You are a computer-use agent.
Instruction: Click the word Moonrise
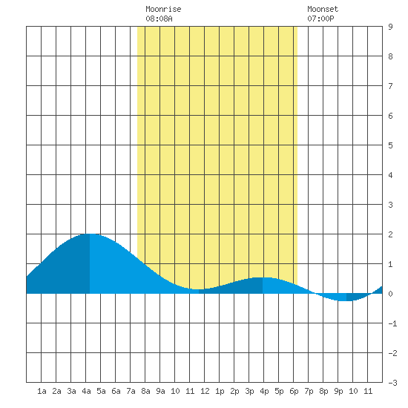click(x=163, y=9)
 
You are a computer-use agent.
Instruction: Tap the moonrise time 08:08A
click(x=159, y=19)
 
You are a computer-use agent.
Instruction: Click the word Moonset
click(x=323, y=9)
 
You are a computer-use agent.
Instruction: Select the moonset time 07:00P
click(x=320, y=19)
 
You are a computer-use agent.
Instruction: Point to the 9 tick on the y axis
click(x=390, y=27)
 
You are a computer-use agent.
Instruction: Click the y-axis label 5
click(x=390, y=145)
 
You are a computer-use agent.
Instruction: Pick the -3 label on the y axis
click(x=392, y=383)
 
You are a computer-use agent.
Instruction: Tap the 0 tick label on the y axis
click(x=390, y=294)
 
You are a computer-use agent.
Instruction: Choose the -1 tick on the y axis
click(x=392, y=323)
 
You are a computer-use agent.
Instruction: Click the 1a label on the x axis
click(x=42, y=391)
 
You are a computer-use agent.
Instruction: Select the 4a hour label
click(x=86, y=391)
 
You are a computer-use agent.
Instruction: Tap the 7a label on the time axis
click(x=131, y=391)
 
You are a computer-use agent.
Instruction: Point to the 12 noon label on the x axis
click(x=205, y=391)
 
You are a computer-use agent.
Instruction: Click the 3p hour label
click(x=249, y=391)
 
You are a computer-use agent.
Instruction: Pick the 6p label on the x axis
click(x=294, y=391)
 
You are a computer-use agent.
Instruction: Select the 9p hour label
click(x=338, y=391)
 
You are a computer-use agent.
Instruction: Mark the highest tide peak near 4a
click(x=90, y=234)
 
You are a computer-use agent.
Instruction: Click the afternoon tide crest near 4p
click(x=263, y=277)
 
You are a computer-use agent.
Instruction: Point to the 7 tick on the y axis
click(x=390, y=86)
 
